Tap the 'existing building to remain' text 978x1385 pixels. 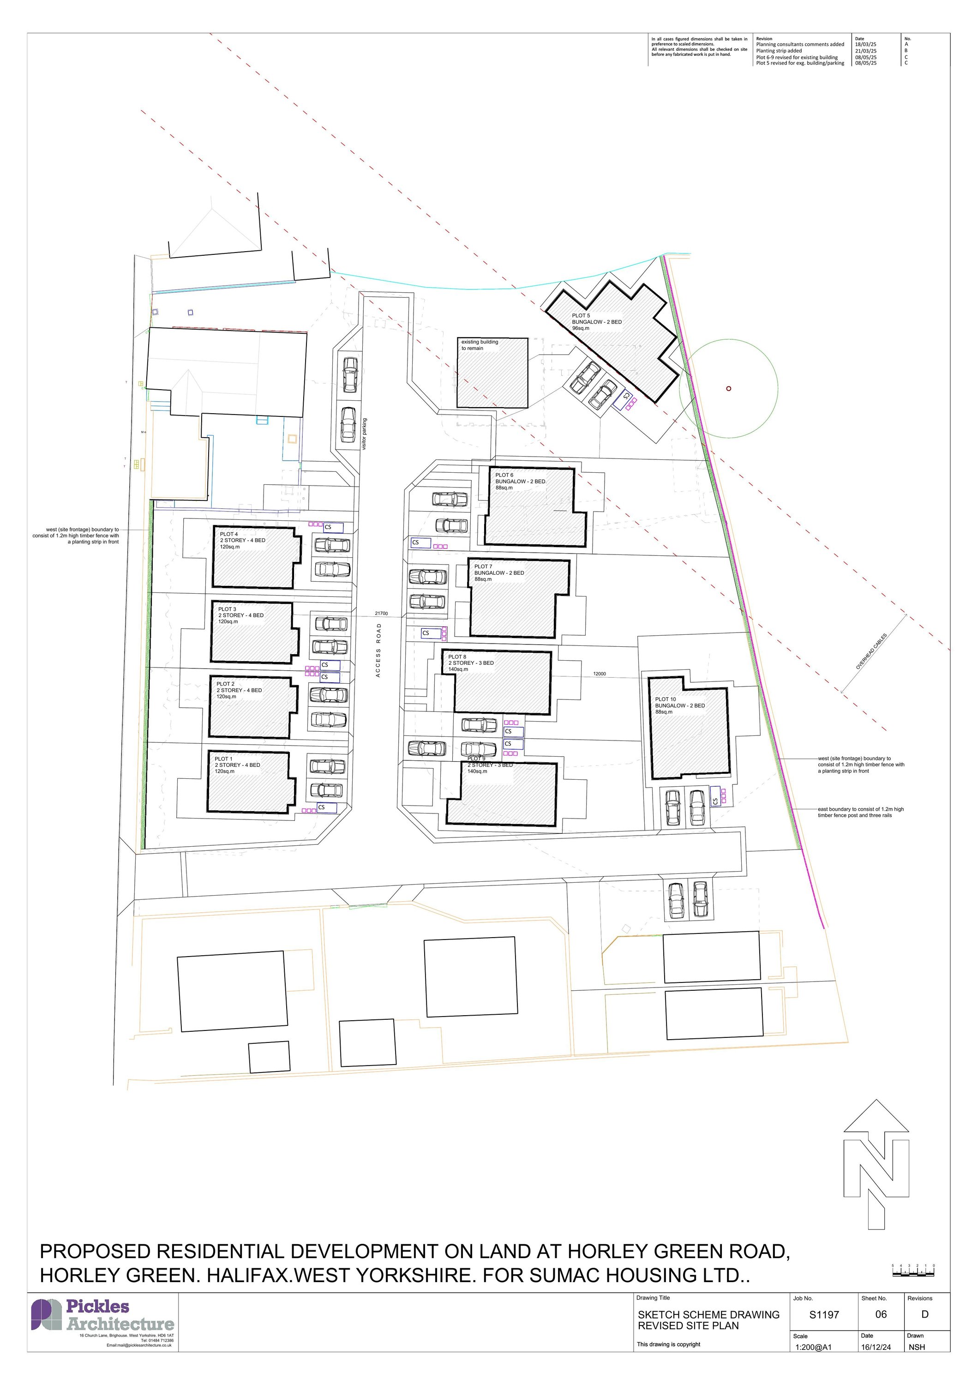point(480,345)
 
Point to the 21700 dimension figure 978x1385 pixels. point(381,614)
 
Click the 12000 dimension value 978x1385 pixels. point(600,674)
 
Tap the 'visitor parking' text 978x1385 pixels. point(364,435)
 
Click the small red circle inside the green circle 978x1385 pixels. point(728,388)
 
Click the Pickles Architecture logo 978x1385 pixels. point(102,1315)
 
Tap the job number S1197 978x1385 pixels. point(824,1315)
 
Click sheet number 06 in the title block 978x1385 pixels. point(881,1314)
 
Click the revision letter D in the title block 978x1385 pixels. point(925,1314)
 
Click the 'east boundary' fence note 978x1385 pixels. point(860,812)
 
